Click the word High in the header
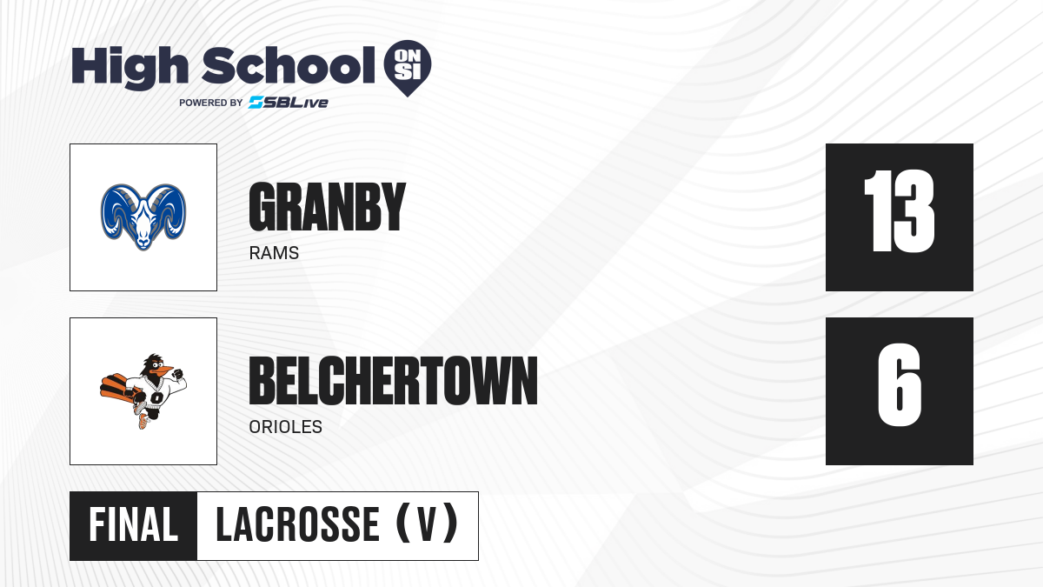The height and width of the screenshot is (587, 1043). [x=130, y=68]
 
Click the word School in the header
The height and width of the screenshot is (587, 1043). [x=289, y=65]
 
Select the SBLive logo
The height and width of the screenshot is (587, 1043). [x=289, y=103]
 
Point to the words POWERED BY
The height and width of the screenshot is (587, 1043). [x=211, y=103]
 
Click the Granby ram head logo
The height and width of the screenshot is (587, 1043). [x=143, y=217]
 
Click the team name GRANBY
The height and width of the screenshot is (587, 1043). [x=328, y=207]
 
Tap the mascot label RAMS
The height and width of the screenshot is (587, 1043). [x=274, y=253]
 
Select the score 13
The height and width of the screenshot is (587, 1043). [x=899, y=211]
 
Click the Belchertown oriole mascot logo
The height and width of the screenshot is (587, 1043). [x=143, y=391]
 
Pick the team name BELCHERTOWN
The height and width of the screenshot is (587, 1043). [x=394, y=381]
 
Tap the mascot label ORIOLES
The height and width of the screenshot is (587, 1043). [x=285, y=427]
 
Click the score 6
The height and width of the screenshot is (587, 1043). [x=900, y=384]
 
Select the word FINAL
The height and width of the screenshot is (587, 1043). [x=134, y=525]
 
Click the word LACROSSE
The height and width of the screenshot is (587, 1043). [x=298, y=525]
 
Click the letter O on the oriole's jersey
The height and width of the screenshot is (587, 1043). [x=156, y=398]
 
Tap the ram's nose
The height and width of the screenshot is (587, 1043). [x=143, y=242]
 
